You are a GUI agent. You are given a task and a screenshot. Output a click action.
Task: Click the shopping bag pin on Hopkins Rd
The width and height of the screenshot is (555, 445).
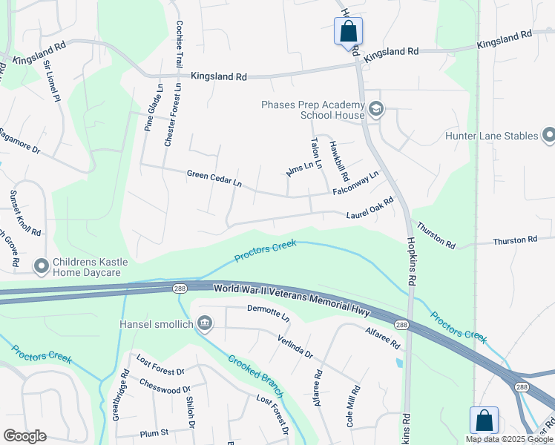[x=348, y=32]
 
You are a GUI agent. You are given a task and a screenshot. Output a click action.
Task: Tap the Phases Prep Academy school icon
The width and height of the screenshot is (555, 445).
[x=375, y=110]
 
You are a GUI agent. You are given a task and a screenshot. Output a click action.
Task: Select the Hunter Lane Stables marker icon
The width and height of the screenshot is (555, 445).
[x=548, y=136]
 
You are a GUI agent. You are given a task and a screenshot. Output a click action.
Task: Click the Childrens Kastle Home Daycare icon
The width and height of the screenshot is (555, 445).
[x=42, y=265]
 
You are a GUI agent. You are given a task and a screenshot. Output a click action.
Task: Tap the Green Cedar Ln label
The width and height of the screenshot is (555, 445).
[x=214, y=179]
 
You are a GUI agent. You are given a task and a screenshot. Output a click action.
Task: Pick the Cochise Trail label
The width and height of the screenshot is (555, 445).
[x=179, y=44]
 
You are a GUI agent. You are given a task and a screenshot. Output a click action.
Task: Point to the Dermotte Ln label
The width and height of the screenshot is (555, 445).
[x=267, y=312]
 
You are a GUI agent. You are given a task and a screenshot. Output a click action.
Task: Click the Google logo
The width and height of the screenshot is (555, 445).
[x=24, y=436]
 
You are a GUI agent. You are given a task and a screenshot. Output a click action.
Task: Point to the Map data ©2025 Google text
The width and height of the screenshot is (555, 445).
[x=509, y=439]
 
